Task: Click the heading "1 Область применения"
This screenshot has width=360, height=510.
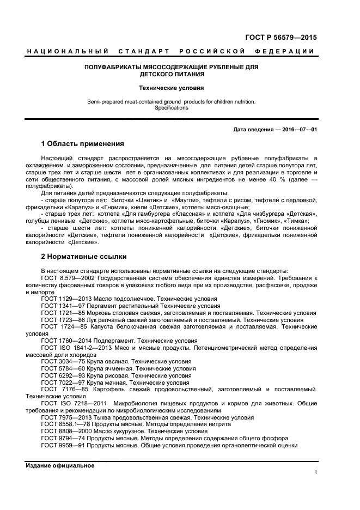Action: pyautogui.click(x=83, y=144)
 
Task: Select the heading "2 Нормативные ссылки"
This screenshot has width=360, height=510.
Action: pyautogui.click(x=84, y=256)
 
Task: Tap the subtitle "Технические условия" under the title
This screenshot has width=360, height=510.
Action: pyautogui.click(x=171, y=87)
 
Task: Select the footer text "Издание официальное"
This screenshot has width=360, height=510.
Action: pyautogui.click(x=60, y=465)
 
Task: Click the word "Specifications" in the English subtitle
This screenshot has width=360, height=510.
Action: pyautogui.click(x=171, y=108)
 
